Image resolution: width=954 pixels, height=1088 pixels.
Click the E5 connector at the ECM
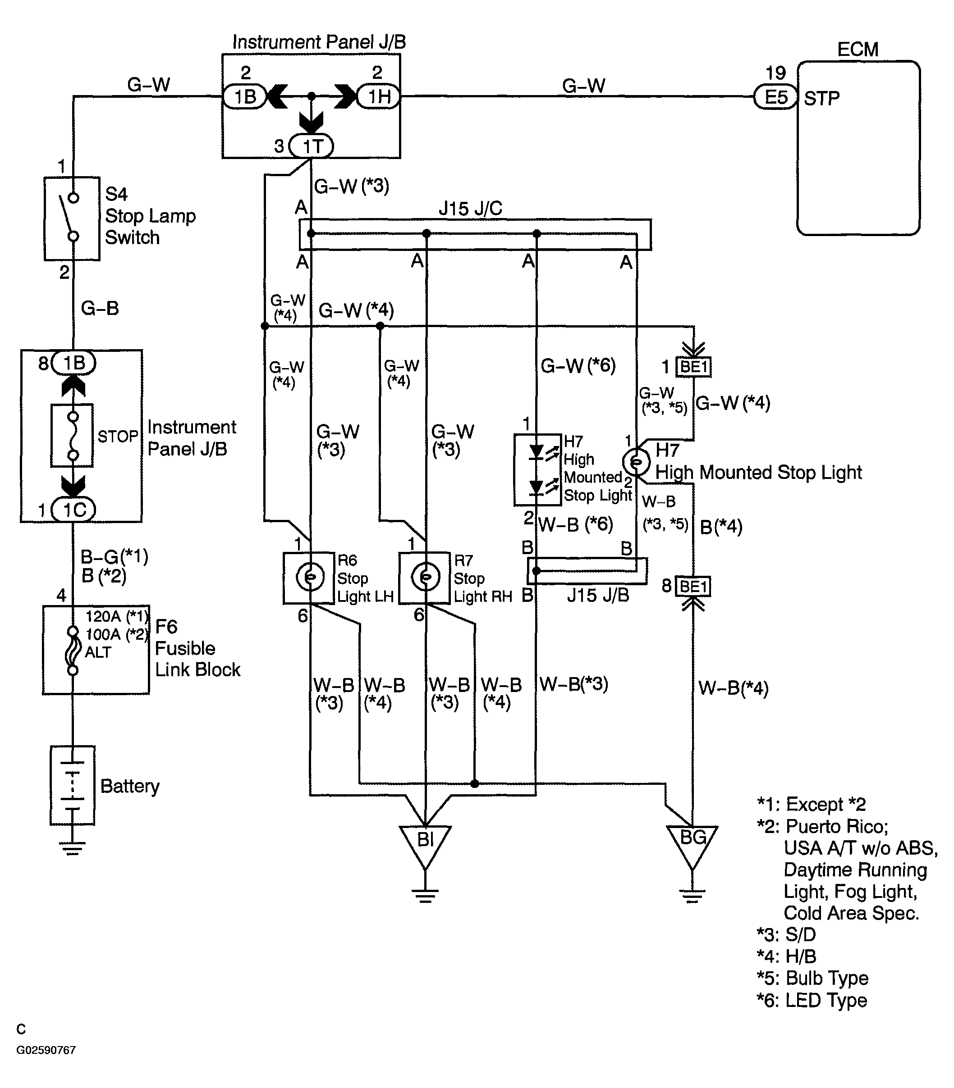point(775,97)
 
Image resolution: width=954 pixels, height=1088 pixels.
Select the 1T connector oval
point(312,146)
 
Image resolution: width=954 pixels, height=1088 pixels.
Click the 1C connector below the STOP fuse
point(73,510)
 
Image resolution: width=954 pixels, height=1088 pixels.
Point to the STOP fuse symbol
point(73,436)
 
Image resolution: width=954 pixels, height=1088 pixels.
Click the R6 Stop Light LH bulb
point(310,578)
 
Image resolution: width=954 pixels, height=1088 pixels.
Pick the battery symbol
point(73,785)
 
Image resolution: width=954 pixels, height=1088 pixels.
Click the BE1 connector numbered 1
point(693,367)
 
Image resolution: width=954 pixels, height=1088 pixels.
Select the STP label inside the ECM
point(821,98)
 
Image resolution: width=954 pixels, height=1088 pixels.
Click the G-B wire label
point(100,308)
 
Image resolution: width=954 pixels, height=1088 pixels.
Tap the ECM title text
point(858,50)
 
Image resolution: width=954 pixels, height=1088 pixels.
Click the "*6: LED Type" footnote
point(812,1000)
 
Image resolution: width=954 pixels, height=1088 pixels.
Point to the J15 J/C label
point(471,209)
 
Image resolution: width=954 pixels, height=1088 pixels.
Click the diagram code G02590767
point(46,1050)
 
